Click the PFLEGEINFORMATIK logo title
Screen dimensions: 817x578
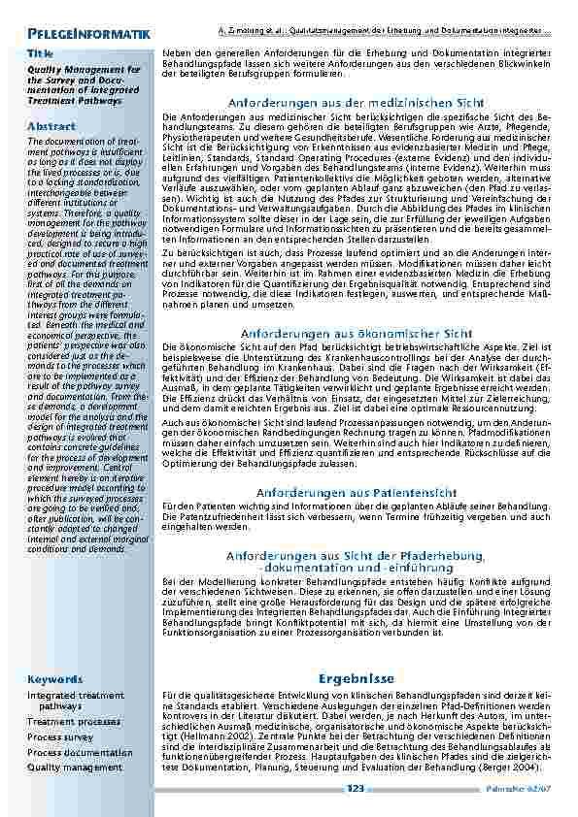pos(89,35)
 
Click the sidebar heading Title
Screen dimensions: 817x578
pos(40,52)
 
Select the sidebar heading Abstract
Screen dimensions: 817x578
pos(51,127)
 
